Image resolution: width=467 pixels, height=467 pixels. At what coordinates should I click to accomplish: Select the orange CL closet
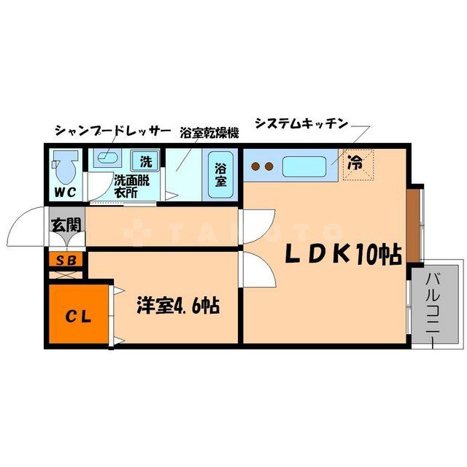[x=77, y=315]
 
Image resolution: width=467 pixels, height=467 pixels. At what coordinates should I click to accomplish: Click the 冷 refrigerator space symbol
[x=355, y=164]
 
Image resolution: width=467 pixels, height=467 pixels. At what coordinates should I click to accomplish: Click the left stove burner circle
[x=256, y=166]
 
